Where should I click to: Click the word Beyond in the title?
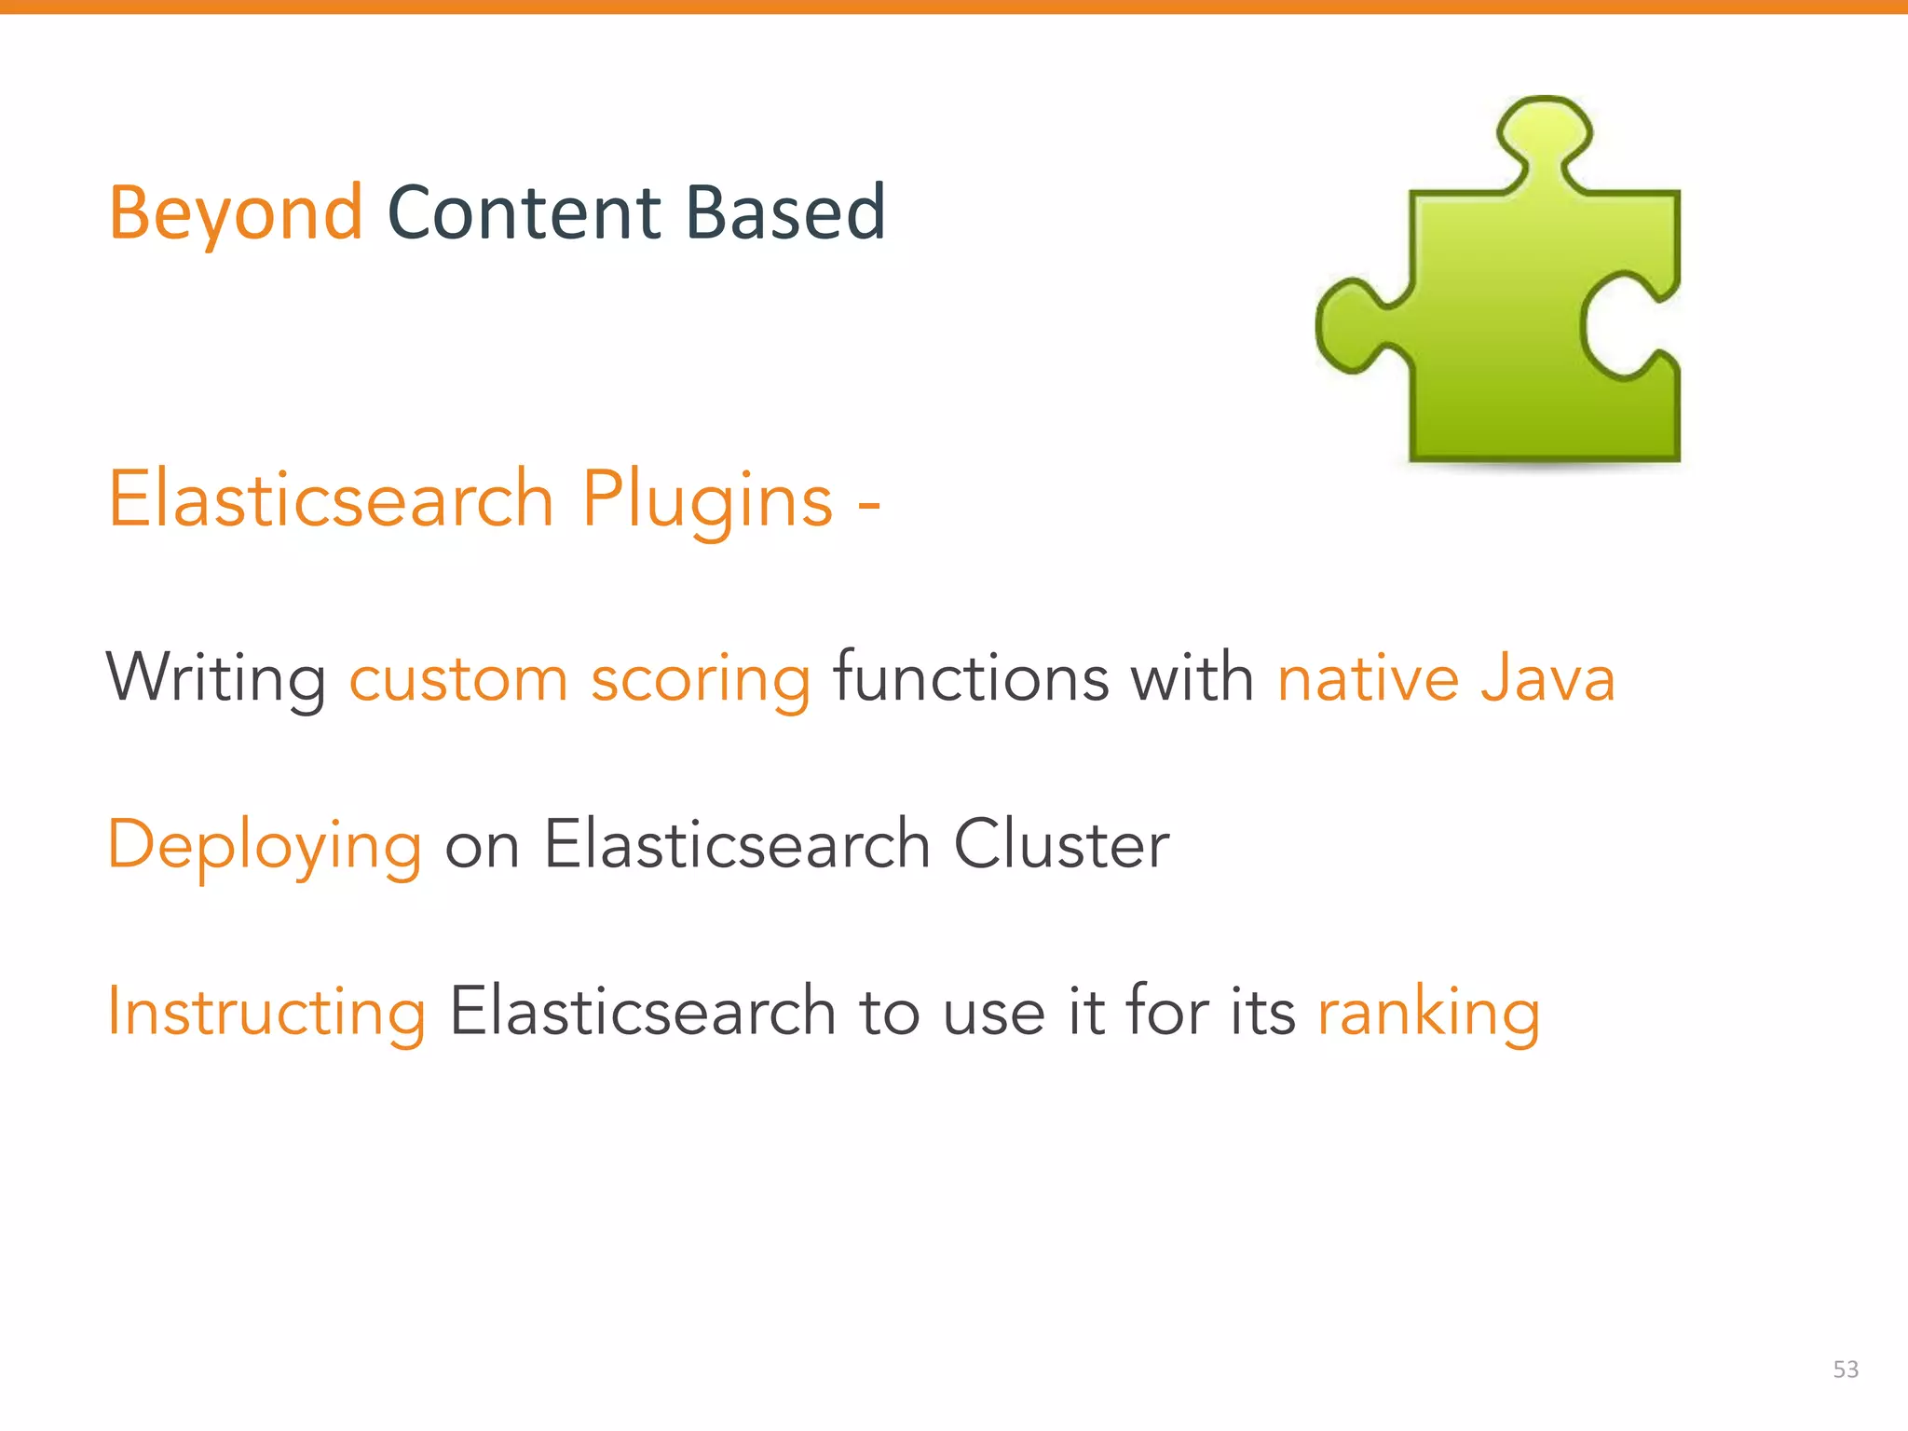pyautogui.click(x=235, y=214)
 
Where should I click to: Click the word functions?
pyautogui.click(x=970, y=677)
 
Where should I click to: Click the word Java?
pyautogui.click(x=1547, y=678)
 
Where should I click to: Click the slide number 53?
pyautogui.click(x=1845, y=1369)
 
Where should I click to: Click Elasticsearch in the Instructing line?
pyautogui.click(x=642, y=1012)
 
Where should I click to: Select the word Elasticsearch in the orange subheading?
pyautogui.click(x=331, y=501)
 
